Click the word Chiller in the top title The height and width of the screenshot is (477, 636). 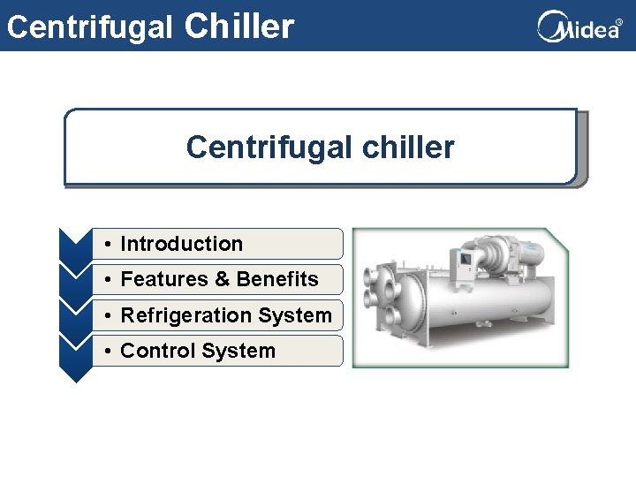(239, 26)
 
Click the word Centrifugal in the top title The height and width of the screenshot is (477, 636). (89, 26)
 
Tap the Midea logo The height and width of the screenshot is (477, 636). (579, 26)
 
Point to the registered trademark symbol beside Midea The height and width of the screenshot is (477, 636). (618, 22)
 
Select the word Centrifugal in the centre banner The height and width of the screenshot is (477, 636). (264, 148)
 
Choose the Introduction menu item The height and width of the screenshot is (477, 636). (181, 244)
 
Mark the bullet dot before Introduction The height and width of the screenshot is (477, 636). (105, 245)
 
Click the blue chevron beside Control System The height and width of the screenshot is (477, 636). (75, 358)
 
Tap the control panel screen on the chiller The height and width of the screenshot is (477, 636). (461, 259)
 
